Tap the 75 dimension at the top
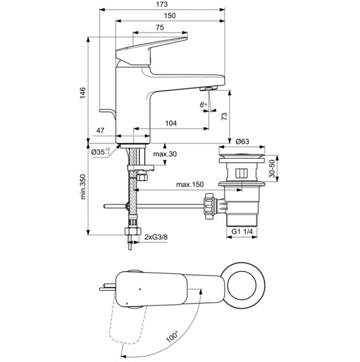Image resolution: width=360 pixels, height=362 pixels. (x=161, y=28)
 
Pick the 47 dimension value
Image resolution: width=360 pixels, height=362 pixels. (x=101, y=130)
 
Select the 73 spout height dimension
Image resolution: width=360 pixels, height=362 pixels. (x=224, y=116)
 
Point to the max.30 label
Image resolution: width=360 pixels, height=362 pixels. (x=165, y=154)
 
